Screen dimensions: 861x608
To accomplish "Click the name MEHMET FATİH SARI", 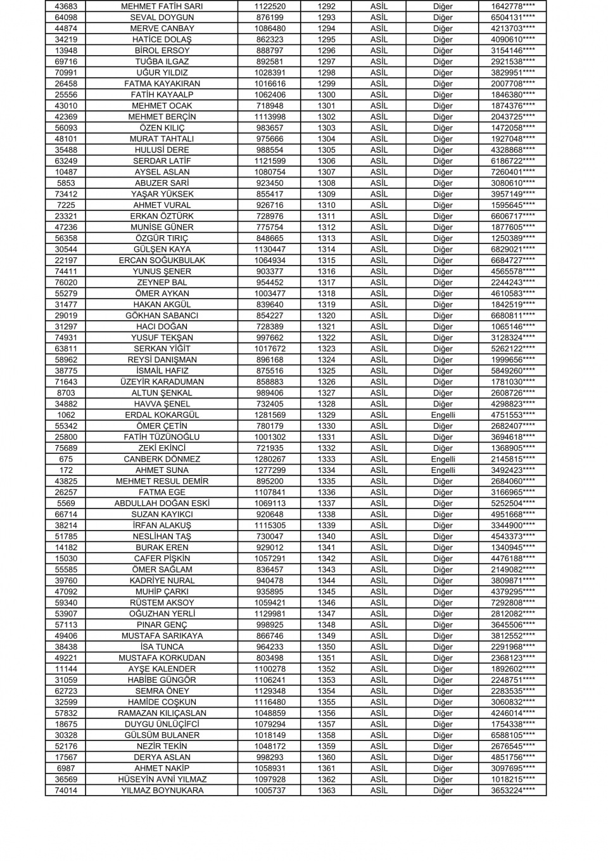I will (161, 6).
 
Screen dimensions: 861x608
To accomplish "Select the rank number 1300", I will (326, 94).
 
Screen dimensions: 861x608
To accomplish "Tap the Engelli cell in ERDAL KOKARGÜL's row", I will (443, 415).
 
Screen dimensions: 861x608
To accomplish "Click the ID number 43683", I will (66, 6).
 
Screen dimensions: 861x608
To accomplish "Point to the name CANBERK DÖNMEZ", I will (161, 459).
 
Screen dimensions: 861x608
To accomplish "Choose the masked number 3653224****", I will (512, 791).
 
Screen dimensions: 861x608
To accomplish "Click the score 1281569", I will (270, 415).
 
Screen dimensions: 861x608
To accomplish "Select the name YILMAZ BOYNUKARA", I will (161, 791).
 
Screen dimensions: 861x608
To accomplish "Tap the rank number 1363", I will (326, 791).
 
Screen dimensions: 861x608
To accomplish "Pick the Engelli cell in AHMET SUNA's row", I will (443, 470).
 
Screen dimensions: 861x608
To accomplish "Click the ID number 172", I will (66, 470).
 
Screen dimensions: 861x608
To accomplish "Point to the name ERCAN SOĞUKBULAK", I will (161, 260).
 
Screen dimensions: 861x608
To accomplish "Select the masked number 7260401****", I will (512, 172).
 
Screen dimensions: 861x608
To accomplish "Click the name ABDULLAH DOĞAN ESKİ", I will (161, 503).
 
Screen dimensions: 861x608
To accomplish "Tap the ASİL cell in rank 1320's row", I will (379, 315).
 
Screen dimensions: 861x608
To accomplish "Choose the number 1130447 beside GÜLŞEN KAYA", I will (270, 249).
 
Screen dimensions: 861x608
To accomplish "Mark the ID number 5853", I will (66, 183).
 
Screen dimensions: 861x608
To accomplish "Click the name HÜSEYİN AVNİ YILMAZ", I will (161, 779).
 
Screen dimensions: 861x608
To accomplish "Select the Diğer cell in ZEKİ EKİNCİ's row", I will (443, 448).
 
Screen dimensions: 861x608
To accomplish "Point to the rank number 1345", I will (326, 592).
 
